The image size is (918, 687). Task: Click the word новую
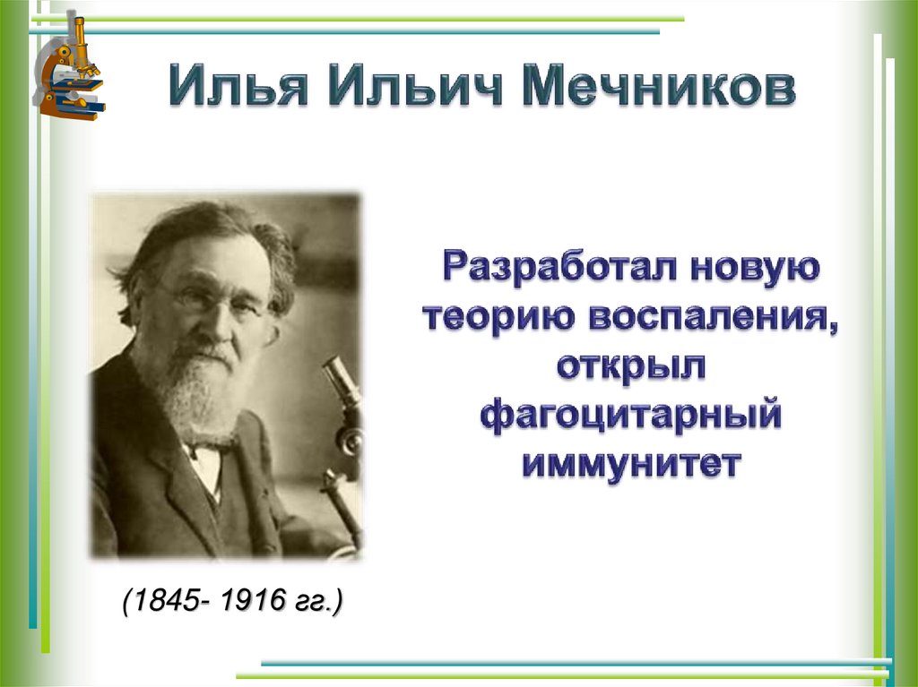(x=754, y=269)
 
